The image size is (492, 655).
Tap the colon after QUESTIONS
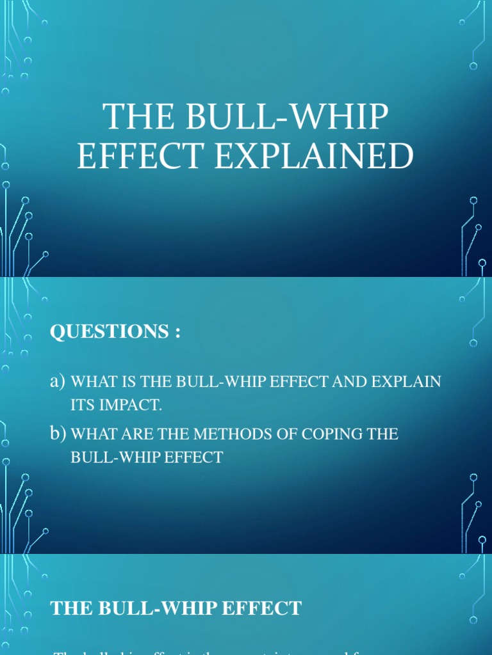click(x=177, y=333)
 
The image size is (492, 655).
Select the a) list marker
click(x=58, y=382)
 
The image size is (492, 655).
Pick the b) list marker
click(x=58, y=434)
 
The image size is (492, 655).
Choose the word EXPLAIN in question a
click(x=410, y=383)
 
